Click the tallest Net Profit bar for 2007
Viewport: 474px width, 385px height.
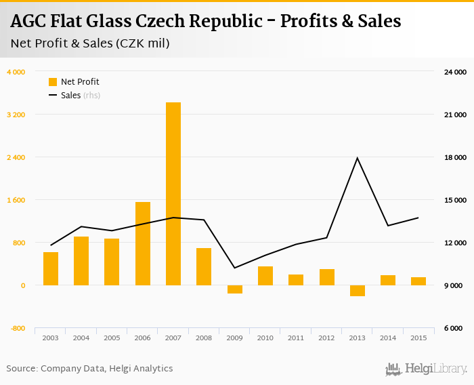click(173, 193)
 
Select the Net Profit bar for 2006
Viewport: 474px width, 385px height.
click(143, 243)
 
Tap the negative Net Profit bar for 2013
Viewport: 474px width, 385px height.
click(358, 290)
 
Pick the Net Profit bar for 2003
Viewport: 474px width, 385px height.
click(51, 268)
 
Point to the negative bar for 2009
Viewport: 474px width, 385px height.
click(235, 289)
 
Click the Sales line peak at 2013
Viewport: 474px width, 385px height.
click(358, 158)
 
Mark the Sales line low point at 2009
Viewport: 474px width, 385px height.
click(235, 268)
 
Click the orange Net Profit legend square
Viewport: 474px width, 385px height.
click(53, 82)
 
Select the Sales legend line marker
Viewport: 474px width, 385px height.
click(53, 96)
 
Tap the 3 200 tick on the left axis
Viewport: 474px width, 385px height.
click(16, 115)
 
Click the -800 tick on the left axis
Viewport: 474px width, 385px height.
click(16, 328)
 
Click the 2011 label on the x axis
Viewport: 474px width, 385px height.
click(296, 337)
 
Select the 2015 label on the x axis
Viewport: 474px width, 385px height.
click(418, 337)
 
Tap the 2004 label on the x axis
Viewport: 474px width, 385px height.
click(81, 337)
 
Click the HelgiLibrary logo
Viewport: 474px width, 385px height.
click(427, 369)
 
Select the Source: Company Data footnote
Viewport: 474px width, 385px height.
click(89, 369)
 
